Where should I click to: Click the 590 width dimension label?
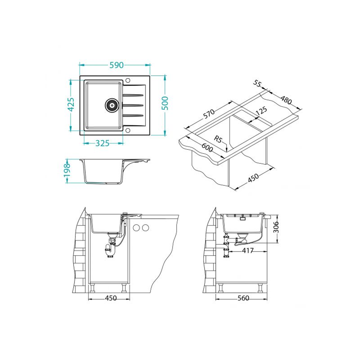click(117, 65)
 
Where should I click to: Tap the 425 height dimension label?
click(71, 105)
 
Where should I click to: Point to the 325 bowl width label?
click(102, 143)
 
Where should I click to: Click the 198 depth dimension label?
click(67, 170)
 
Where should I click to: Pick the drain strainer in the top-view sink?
click(112, 105)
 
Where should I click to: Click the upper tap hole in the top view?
click(128, 80)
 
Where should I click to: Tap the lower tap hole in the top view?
click(128, 131)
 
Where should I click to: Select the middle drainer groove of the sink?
click(133, 105)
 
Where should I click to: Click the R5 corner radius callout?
click(218, 139)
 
